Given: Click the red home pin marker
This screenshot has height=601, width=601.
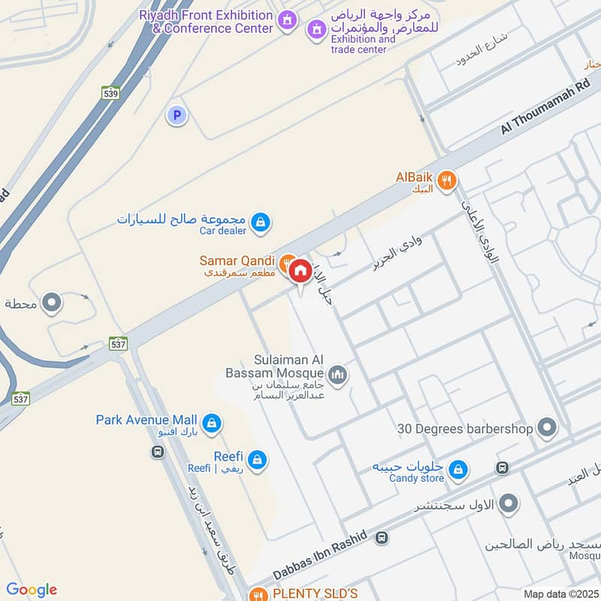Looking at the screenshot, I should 300,271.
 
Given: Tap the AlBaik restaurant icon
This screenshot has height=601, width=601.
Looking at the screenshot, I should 448,180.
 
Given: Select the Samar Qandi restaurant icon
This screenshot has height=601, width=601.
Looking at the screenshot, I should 286,263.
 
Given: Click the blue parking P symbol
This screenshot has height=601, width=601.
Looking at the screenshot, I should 177,115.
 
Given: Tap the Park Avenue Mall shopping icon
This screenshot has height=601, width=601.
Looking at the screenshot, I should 212,423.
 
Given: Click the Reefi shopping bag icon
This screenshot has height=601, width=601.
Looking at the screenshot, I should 257,459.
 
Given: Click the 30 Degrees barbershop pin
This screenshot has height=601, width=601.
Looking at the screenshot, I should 548,429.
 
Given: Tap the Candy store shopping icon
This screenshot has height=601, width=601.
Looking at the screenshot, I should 458,471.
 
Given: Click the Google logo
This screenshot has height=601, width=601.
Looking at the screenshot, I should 32,590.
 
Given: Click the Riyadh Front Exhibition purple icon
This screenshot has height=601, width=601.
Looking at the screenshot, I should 286,20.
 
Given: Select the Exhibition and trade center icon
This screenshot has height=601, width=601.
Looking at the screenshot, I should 316,31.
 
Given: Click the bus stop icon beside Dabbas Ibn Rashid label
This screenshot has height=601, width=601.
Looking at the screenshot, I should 382,538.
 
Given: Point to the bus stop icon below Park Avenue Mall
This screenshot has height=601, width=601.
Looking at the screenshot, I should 157,452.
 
